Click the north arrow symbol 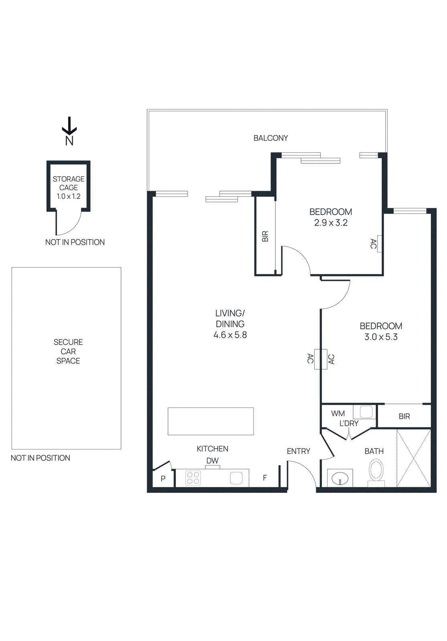pos(69,127)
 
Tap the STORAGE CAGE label pos(69,183)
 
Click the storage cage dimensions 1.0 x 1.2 pos(69,196)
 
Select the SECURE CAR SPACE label pos(68,351)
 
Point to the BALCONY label pos(271,138)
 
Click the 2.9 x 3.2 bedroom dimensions pos(331,223)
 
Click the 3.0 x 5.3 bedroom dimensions pos(381,337)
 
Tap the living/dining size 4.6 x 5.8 pos(230,335)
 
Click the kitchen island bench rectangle pos(210,421)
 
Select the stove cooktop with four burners pos(193,478)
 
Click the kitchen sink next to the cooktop pos(236,478)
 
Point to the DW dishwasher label pos(212,461)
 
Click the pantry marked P pos(163,478)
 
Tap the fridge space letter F pos(265,478)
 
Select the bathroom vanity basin pos(340,478)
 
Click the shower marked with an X pos(413,458)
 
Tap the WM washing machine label pos(338,413)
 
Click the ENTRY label pos(298,452)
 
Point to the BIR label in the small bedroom pos(265,236)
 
